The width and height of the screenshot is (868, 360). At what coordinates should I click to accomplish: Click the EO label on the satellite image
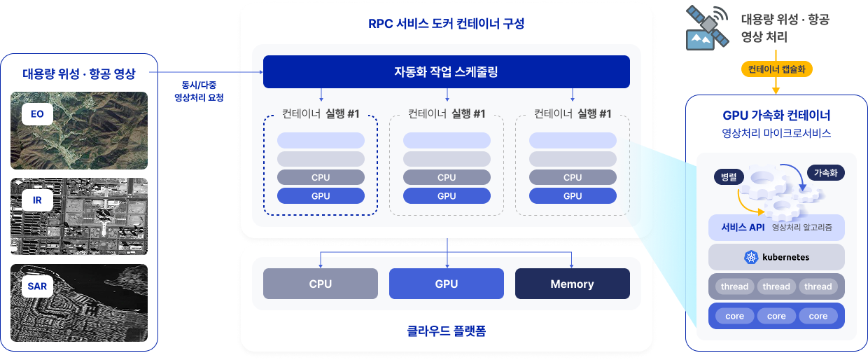click(x=37, y=113)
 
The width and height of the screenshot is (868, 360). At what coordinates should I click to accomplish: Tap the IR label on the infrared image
click(x=37, y=200)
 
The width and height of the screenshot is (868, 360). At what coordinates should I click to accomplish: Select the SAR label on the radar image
click(x=37, y=286)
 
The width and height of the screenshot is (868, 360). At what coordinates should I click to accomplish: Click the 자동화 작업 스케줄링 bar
click(x=446, y=71)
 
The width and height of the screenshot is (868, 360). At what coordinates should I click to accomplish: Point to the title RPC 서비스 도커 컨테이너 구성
click(x=446, y=23)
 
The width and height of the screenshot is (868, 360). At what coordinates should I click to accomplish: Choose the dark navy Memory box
click(x=572, y=284)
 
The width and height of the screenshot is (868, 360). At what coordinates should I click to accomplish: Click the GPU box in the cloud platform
click(x=446, y=284)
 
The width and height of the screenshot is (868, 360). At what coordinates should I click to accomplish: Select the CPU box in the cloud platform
click(x=320, y=284)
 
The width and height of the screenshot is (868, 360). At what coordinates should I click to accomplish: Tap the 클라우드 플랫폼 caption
click(x=446, y=330)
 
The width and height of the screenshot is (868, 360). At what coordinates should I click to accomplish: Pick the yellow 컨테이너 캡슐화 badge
click(x=776, y=69)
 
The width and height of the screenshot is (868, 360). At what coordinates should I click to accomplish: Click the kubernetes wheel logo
click(x=752, y=257)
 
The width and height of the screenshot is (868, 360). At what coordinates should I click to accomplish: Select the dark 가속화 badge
click(x=826, y=172)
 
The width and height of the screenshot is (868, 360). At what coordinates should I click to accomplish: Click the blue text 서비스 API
click(x=743, y=228)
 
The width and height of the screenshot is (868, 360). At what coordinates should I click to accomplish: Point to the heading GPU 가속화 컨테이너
click(x=776, y=116)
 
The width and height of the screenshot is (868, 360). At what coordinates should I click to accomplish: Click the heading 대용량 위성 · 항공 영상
click(x=78, y=74)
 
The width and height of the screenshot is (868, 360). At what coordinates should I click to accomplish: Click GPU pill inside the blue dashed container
click(x=320, y=196)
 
